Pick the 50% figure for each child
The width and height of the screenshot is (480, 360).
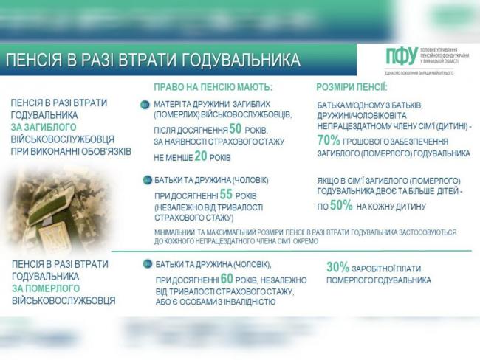[x=341, y=206]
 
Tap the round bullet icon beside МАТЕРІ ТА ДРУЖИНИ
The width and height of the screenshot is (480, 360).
[x=145, y=104]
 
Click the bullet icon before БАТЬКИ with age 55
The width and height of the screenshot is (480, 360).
[x=145, y=179]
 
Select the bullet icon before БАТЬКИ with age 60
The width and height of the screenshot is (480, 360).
[x=145, y=264]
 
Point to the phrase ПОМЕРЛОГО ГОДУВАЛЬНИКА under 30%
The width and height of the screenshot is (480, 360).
[x=378, y=280]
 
